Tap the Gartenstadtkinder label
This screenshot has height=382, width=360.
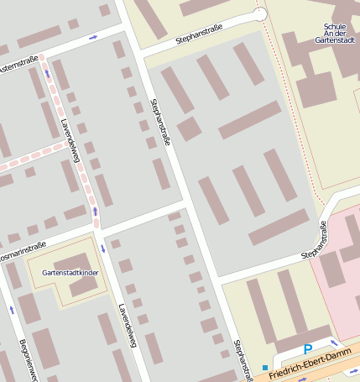pos(69,274)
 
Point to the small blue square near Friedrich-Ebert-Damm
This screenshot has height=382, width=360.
pos(265,368)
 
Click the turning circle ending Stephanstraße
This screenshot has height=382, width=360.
pos(260,14)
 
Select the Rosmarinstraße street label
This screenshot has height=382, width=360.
pos(22,249)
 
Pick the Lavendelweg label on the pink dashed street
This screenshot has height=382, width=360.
pos(70,139)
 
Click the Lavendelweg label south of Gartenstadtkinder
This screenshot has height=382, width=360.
pos(127,326)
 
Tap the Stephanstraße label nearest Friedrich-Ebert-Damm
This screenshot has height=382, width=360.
pos(244,359)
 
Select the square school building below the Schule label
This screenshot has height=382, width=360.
pos(316,89)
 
